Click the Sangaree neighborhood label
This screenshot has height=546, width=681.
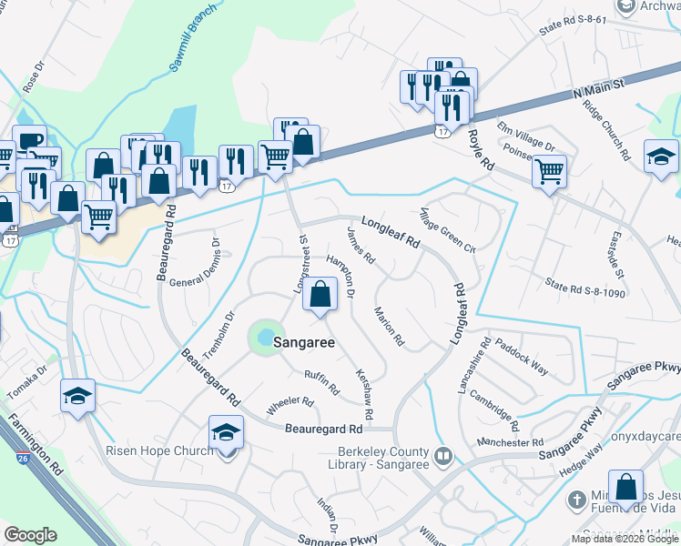[x=300, y=344]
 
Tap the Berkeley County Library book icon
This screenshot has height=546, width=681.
[x=443, y=456]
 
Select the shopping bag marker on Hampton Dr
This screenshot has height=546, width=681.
[x=320, y=295]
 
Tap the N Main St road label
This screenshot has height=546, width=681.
[x=597, y=89]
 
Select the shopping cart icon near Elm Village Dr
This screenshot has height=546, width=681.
[x=549, y=170]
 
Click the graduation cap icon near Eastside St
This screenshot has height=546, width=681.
[x=661, y=157]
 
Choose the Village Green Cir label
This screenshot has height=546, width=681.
[x=445, y=230]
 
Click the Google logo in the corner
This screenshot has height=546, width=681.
[x=30, y=535]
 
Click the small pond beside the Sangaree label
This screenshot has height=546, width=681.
[x=264, y=337]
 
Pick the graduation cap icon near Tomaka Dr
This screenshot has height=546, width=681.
[x=78, y=396]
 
